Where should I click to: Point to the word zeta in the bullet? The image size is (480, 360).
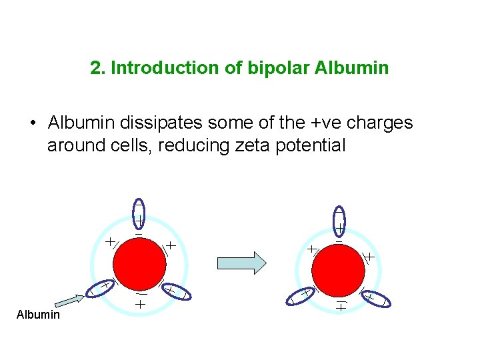click(x=257, y=145)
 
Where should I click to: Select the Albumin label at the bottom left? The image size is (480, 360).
click(x=38, y=314)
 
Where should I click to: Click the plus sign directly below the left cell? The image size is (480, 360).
click(x=141, y=304)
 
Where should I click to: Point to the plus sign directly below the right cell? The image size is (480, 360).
click(x=341, y=307)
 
